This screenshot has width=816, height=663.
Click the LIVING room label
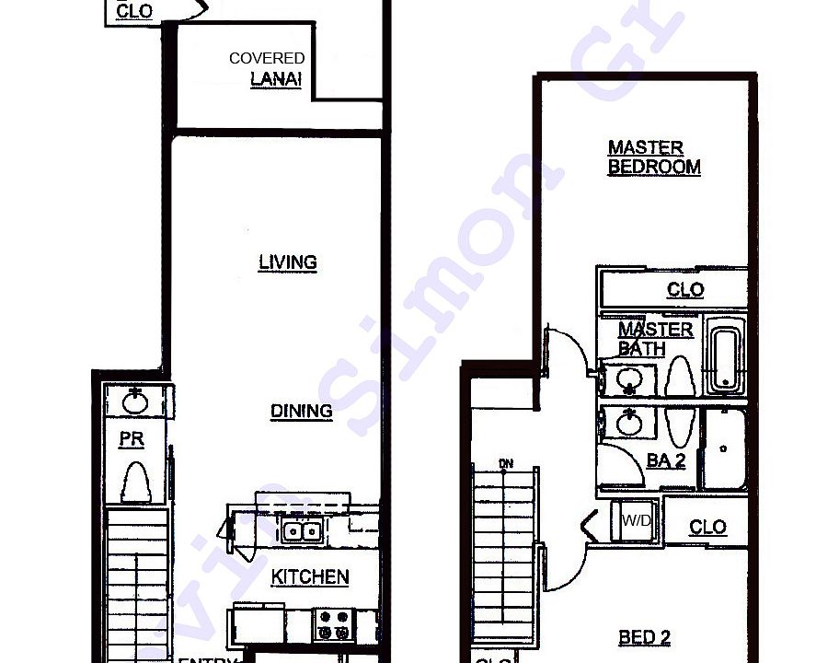288,262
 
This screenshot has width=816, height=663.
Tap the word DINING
301,411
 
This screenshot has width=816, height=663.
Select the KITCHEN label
310,577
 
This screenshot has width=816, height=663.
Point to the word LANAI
276,79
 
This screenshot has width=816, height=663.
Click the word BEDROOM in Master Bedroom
654,167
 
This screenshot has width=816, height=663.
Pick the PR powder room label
132,439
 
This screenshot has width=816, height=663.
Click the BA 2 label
666,460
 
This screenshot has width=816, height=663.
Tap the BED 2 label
644,637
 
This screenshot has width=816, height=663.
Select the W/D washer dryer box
637,521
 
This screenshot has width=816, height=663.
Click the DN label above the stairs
505,462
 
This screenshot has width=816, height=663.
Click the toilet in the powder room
135,482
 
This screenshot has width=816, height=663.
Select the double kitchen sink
301,530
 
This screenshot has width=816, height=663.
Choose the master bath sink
629,379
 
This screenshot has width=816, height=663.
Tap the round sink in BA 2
630,423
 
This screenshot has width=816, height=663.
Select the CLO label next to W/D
707,527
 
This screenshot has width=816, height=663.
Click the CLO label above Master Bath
684,290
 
